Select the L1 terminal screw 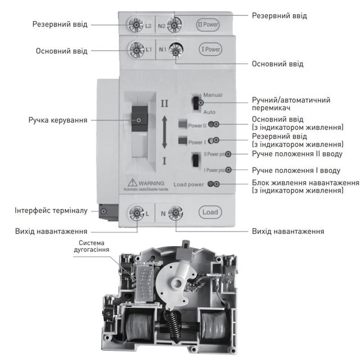coord(136,49)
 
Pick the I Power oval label coord(210,49)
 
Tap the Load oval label coord(210,211)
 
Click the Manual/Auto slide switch coord(196,103)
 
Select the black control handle coord(139,120)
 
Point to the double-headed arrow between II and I coord(164,132)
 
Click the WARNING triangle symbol coord(132,183)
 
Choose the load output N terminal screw coord(175,213)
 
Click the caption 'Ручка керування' coord(58,120)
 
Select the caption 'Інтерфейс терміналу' coord(52,210)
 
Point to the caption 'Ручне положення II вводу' coord(297,154)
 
